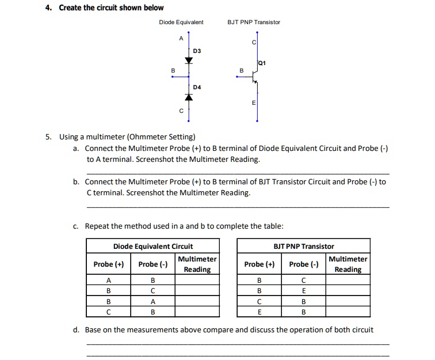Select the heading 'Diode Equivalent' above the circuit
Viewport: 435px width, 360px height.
tap(181, 22)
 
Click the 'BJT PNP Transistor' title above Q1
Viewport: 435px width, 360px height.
tap(254, 22)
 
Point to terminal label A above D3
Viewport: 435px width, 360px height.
tap(181, 39)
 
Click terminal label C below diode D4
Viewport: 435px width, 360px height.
tap(181, 110)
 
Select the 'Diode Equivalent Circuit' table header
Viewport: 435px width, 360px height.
tap(152, 247)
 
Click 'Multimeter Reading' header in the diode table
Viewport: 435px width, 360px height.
tap(197, 264)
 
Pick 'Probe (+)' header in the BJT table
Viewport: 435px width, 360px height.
tap(259, 264)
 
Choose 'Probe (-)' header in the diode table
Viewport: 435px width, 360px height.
tap(153, 264)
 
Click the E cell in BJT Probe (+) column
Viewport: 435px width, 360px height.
tap(259, 313)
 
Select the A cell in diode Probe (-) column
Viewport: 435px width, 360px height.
tap(153, 301)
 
